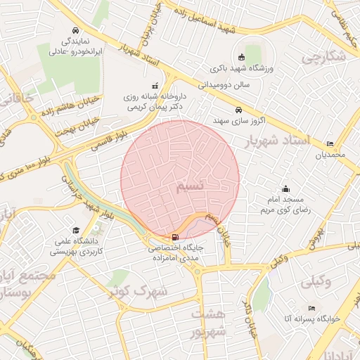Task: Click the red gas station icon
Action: click(x=174, y=237)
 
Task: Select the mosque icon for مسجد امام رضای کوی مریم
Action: click(x=285, y=188)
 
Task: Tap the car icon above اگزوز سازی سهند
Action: click(x=239, y=110)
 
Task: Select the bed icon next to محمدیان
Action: click(x=330, y=144)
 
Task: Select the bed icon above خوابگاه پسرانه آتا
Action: click(x=311, y=308)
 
